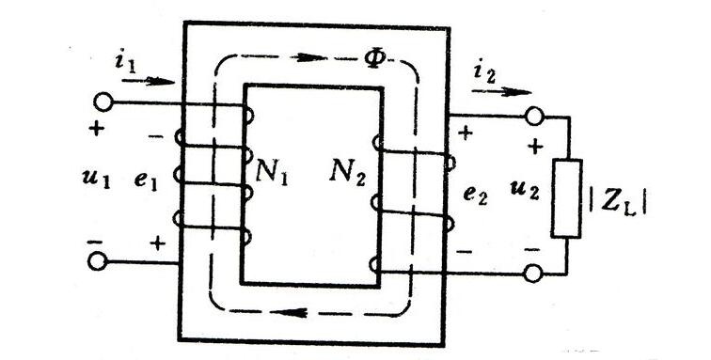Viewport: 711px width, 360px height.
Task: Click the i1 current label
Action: (125, 61)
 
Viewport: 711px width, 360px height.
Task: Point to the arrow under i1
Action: (149, 82)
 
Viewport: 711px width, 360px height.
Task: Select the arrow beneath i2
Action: (501, 92)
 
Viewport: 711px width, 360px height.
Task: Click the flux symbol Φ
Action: (375, 57)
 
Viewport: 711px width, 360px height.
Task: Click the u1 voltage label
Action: (96, 180)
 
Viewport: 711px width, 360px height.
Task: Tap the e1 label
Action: (146, 180)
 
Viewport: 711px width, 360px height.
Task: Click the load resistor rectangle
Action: (567, 198)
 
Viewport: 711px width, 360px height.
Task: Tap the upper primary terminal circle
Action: (103, 102)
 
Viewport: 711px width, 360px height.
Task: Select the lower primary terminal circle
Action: (97, 261)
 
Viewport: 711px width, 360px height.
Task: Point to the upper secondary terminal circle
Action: (534, 116)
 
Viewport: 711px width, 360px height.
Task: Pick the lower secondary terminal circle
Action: (533, 274)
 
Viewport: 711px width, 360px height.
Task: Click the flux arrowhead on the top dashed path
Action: (310, 57)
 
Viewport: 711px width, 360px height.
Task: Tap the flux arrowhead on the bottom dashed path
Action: (292, 312)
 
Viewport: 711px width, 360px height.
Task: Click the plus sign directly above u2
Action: (535, 147)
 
